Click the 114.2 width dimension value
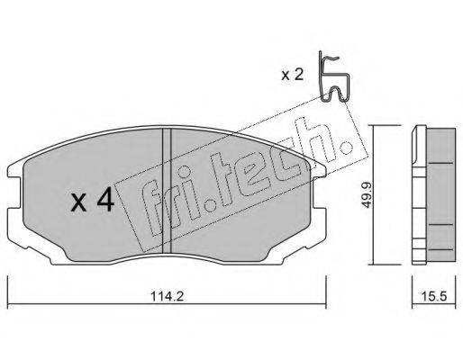(x=167, y=296)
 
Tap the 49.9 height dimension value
(x=366, y=195)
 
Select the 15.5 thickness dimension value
(x=434, y=296)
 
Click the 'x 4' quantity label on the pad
(x=92, y=199)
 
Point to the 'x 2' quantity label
(x=293, y=75)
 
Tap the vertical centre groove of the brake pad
(x=167, y=191)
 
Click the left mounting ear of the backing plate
(x=15, y=192)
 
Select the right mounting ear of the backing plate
(x=318, y=192)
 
